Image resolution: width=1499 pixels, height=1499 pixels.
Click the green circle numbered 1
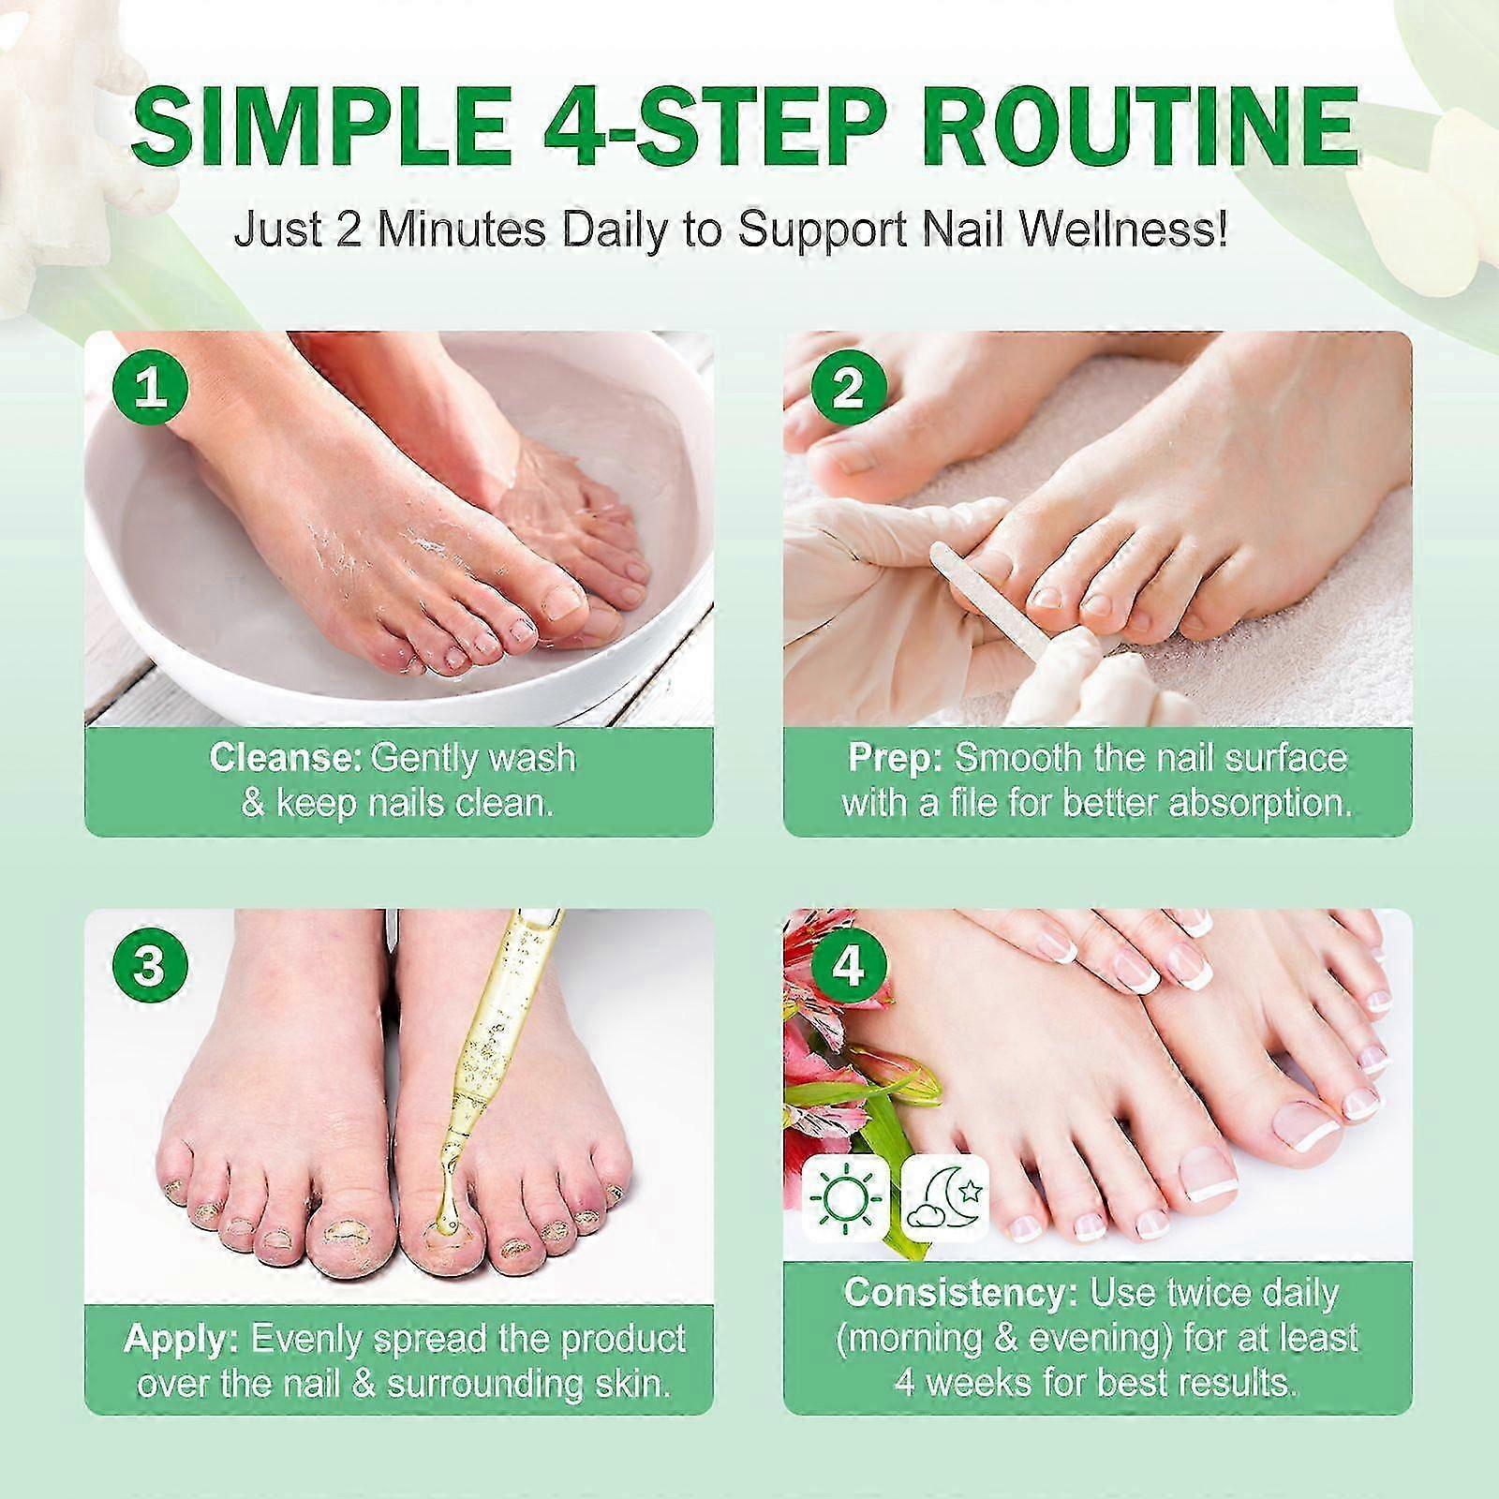pyautogui.click(x=149, y=388)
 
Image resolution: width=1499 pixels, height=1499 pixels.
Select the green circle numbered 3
pyautogui.click(x=149, y=966)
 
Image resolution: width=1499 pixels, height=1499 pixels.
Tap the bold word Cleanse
pyautogui.click(x=285, y=757)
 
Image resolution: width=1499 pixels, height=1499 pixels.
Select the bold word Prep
pyautogui.click(x=894, y=757)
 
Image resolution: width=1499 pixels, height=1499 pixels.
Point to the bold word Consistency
pyautogui.click(x=959, y=1293)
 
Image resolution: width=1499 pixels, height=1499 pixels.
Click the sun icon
pyautogui.click(x=845, y=1196)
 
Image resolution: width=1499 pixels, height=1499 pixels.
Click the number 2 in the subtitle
pyautogui.click(x=349, y=230)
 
